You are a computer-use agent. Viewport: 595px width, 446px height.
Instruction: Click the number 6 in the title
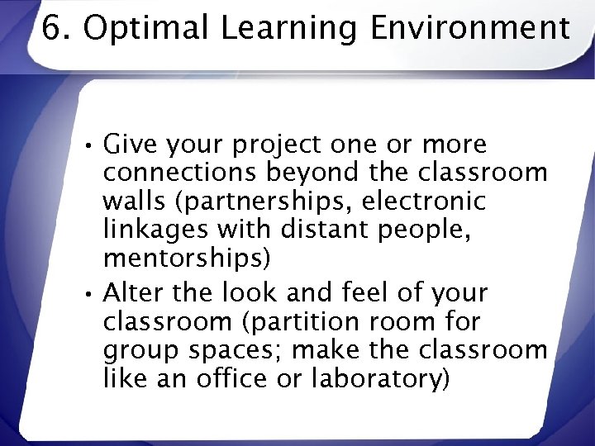[x=51, y=29]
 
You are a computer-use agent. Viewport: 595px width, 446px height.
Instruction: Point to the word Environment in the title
[x=469, y=29]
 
